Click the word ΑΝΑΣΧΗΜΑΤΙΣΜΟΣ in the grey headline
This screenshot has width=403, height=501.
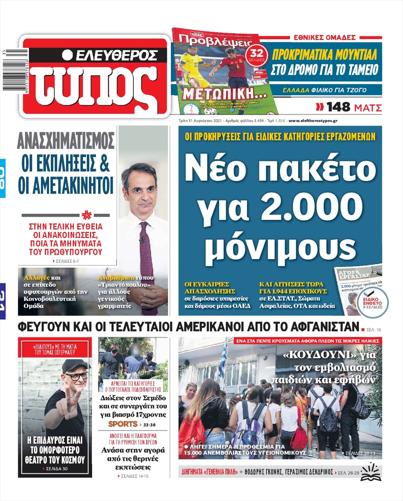(x=66, y=141)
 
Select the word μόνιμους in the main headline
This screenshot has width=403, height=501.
(x=280, y=246)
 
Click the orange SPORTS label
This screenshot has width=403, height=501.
(x=123, y=424)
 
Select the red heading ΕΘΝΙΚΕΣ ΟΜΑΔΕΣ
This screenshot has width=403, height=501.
(x=325, y=37)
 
